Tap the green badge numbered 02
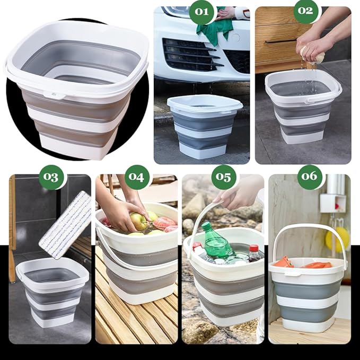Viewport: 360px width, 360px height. coord(305,11)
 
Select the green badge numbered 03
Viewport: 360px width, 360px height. coord(52,177)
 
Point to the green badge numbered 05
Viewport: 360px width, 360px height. coord(223,177)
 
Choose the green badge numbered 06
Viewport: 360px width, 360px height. coord(310,177)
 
